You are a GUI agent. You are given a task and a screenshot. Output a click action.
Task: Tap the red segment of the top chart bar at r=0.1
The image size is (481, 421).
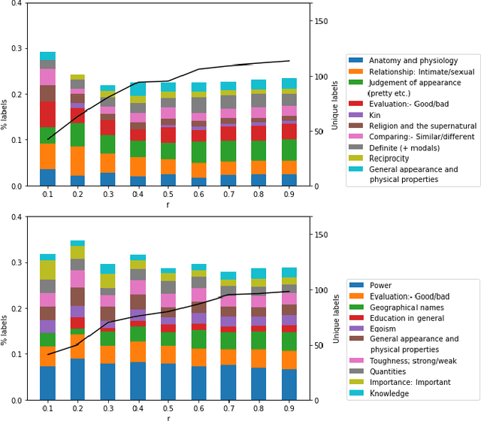47,114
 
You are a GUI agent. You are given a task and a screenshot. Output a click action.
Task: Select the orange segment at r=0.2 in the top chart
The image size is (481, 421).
78,161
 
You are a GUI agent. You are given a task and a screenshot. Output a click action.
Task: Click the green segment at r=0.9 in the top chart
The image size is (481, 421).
289,150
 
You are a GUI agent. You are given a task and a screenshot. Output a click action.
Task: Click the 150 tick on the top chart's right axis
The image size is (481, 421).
322,21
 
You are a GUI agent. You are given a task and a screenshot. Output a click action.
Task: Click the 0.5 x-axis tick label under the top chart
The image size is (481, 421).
168,195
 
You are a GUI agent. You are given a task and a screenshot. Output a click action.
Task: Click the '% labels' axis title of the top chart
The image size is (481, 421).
6,95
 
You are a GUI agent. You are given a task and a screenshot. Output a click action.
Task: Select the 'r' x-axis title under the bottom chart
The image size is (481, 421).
168,417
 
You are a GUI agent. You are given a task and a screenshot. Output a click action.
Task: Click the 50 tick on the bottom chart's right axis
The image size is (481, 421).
319,345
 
